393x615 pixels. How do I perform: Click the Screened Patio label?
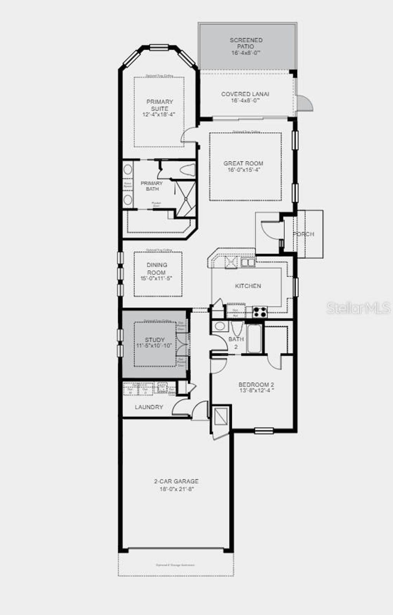[246, 43]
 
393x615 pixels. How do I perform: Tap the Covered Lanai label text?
[245, 94]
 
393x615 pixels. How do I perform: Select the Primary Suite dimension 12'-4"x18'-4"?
[159, 115]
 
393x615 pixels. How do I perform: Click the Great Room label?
[243, 163]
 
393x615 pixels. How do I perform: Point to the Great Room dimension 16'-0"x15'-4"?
[244, 170]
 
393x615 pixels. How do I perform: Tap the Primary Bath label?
[152, 186]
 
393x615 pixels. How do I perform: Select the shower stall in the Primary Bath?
[185, 198]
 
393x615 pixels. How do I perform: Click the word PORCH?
[304, 234]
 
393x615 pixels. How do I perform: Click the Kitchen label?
[248, 286]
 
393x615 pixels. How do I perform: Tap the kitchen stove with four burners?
[260, 312]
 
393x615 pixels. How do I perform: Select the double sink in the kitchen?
[248, 262]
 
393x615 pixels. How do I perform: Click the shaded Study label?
[155, 340]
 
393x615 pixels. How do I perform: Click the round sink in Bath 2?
[220, 326]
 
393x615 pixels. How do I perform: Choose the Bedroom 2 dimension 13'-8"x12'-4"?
[256, 391]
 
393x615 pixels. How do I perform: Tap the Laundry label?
[149, 407]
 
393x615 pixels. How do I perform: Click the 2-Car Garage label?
[177, 481]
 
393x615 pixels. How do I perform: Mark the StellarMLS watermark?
[358, 308]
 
